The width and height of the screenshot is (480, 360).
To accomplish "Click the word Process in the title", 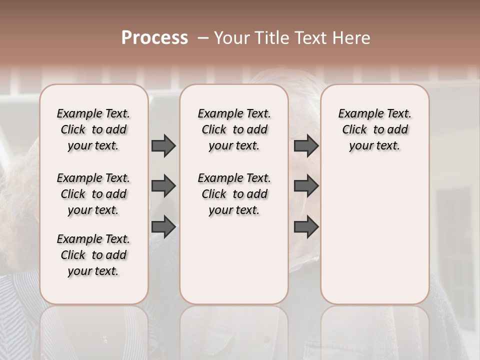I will coord(154,38).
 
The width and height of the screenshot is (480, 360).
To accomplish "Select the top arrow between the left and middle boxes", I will coord(163,145).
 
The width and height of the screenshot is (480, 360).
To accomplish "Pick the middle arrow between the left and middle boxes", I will coord(163,186).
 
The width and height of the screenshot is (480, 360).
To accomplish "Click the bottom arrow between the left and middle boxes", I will coord(163,227).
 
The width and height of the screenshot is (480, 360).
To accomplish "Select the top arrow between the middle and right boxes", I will coord(306,145).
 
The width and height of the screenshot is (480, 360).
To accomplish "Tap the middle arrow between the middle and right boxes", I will coord(306,186).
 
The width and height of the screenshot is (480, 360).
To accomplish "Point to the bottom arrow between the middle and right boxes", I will coord(306,227).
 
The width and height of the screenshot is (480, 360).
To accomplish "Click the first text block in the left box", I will coord(93,129).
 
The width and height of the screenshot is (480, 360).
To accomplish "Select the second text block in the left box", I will coord(93,194).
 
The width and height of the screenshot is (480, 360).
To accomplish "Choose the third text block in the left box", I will coord(93,255).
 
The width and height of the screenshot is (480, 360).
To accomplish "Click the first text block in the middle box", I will coord(234,129).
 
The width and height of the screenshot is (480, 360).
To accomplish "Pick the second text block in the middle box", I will coord(234,194).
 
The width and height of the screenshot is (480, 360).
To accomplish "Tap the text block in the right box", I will coord(374,129).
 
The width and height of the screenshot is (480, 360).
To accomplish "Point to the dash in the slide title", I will coord(203,38).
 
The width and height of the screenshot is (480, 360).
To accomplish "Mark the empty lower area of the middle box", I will coord(234,260).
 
